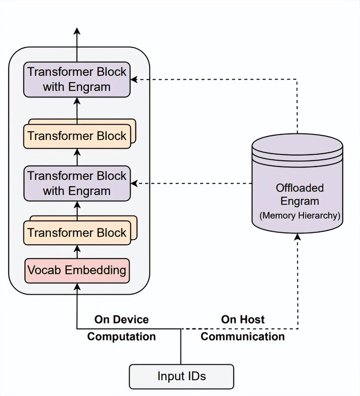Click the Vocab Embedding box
click(77, 270)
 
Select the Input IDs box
click(181, 376)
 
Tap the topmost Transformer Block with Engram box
click(77, 79)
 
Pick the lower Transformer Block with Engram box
click(77, 183)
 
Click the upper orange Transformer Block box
click(77, 135)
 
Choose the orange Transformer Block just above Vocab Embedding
click(77, 233)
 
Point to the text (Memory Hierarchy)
click(300, 216)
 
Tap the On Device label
click(121, 320)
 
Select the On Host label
click(243, 320)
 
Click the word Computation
click(121, 336)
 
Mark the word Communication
click(243, 336)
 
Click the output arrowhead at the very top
click(77, 31)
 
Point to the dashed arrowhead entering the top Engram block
click(135, 79)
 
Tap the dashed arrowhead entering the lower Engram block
click(135, 183)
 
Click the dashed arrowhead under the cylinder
click(298, 237)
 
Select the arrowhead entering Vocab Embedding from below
click(77, 287)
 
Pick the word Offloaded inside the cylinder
click(300, 188)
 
